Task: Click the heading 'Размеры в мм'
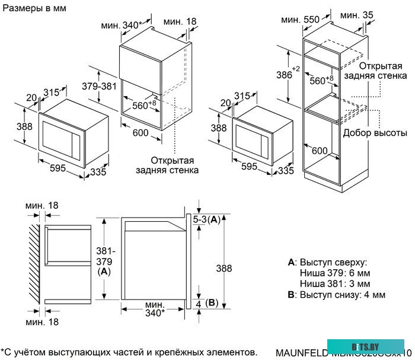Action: (34, 8)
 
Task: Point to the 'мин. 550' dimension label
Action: (300, 20)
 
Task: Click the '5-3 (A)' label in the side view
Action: (207, 219)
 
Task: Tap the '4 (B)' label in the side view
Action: (207, 303)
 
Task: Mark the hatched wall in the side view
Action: (33, 263)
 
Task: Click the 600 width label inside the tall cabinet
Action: (320, 151)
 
